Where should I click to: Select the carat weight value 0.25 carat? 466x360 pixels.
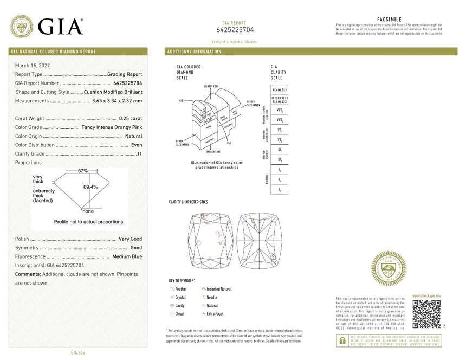[x=131, y=118]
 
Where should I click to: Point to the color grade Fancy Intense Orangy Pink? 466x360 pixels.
[x=112, y=127]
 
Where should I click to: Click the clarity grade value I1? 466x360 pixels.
[x=139, y=154]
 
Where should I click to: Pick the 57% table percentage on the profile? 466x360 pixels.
[x=82, y=171]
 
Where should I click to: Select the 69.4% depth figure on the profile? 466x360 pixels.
[x=90, y=187]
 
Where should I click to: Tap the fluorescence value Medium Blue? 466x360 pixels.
[x=127, y=256]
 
